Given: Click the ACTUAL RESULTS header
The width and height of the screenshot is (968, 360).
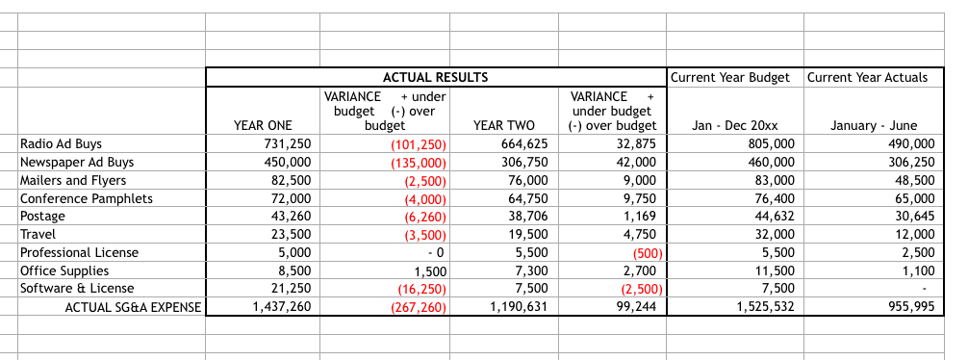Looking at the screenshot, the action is (x=435, y=77).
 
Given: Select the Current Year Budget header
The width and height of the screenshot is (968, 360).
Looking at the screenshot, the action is (x=730, y=77).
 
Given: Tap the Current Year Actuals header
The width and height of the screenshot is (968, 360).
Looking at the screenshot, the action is (x=867, y=77).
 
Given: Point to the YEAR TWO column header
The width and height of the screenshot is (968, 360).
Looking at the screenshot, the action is (x=504, y=125).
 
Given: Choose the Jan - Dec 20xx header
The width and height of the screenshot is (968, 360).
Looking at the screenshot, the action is (x=735, y=125).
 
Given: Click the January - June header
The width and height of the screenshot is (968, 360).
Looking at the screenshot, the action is (x=873, y=125).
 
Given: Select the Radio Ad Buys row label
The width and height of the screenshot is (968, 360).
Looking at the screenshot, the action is (x=61, y=144).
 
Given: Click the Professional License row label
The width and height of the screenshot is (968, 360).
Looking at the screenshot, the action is (x=79, y=252).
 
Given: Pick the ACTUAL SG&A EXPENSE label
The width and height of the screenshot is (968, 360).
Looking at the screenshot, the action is (x=133, y=307).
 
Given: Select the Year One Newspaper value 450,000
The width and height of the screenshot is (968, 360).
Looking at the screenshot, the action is (x=287, y=163).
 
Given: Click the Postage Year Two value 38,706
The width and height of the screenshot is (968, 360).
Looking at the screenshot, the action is (x=526, y=217).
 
